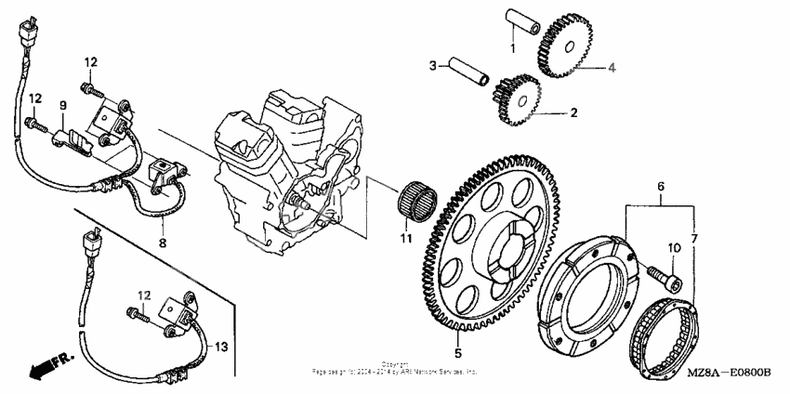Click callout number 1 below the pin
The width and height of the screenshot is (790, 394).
tap(510, 46)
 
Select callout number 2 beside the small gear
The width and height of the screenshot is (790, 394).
tap(573, 112)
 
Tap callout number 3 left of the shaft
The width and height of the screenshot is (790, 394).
tap(433, 65)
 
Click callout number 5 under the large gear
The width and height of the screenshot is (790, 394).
tap(458, 353)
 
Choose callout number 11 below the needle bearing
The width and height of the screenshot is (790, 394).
tap(404, 240)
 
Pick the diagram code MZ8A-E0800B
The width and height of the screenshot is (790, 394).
tap(731, 372)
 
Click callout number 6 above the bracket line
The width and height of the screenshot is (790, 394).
tap(661, 187)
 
